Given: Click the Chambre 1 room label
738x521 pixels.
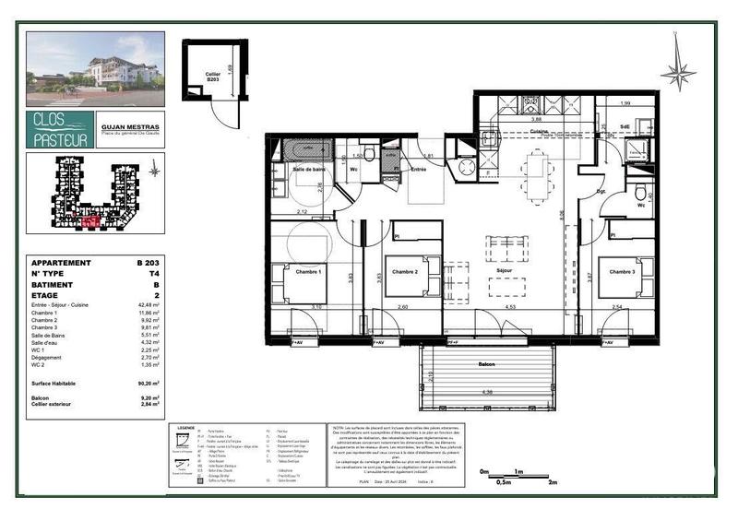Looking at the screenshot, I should pos(307,272).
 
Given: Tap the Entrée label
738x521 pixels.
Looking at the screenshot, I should pos(419,169).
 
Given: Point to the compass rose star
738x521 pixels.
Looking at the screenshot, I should pos(678,71).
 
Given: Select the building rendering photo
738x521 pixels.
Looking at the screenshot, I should pos(95,69).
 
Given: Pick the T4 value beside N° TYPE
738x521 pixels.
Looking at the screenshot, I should pos(153,274).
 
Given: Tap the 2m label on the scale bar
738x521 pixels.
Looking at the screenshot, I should pos(553,482).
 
